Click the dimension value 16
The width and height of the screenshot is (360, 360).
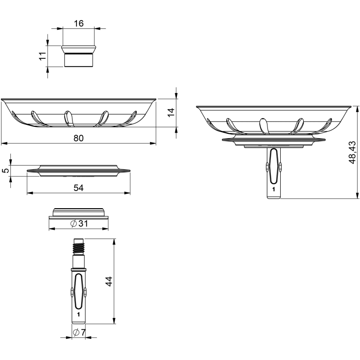pyautogui.click(x=79, y=24)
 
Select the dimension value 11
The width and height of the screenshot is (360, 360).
pyautogui.click(x=43, y=56)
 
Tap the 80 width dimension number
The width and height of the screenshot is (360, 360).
pyautogui.click(x=78, y=138)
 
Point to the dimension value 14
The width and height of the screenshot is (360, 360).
pyautogui.click(x=171, y=113)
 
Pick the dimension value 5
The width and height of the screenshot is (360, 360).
pyautogui.click(x=6, y=170)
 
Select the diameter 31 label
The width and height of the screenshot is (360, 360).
pyautogui.click(x=79, y=223)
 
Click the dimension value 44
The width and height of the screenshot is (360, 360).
pyautogui.click(x=109, y=281)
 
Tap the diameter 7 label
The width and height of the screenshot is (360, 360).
pyautogui.click(x=79, y=332)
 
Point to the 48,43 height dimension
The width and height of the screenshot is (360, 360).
pyautogui.click(x=352, y=152)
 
